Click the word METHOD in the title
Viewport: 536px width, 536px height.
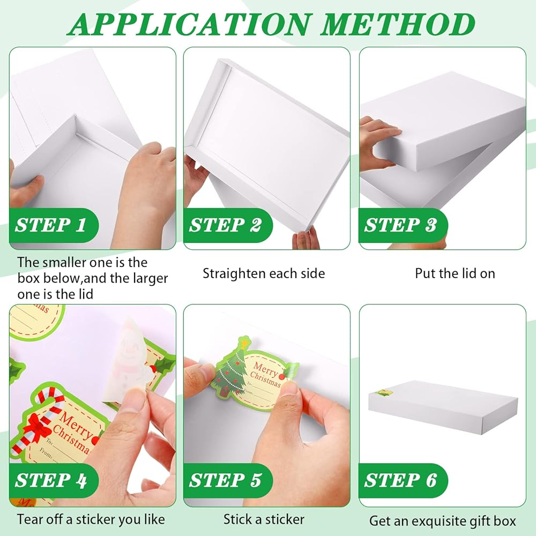pyautogui.click(x=398, y=24)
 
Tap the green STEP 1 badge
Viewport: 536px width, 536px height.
pyautogui.click(x=54, y=225)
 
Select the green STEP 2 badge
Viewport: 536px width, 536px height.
pyautogui.click(x=228, y=225)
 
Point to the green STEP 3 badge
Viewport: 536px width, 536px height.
pyautogui.click(x=403, y=225)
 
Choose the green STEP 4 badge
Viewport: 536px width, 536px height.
pyautogui.click(x=54, y=480)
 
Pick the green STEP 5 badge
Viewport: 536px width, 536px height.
pyautogui.click(x=228, y=480)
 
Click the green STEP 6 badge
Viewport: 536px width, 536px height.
pyautogui.click(x=403, y=480)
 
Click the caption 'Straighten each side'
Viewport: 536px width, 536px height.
pyautogui.click(x=264, y=273)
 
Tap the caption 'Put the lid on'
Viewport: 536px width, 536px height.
pyautogui.click(x=455, y=273)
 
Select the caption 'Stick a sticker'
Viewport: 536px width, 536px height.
pyautogui.click(x=264, y=519)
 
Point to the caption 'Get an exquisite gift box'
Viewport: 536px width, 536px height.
pyautogui.click(x=442, y=522)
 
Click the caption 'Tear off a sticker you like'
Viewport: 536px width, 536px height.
pyautogui.click(x=91, y=519)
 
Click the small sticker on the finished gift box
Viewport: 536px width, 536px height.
pyautogui.click(x=384, y=392)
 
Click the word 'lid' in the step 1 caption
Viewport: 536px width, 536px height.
pyautogui.click(x=85, y=294)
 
